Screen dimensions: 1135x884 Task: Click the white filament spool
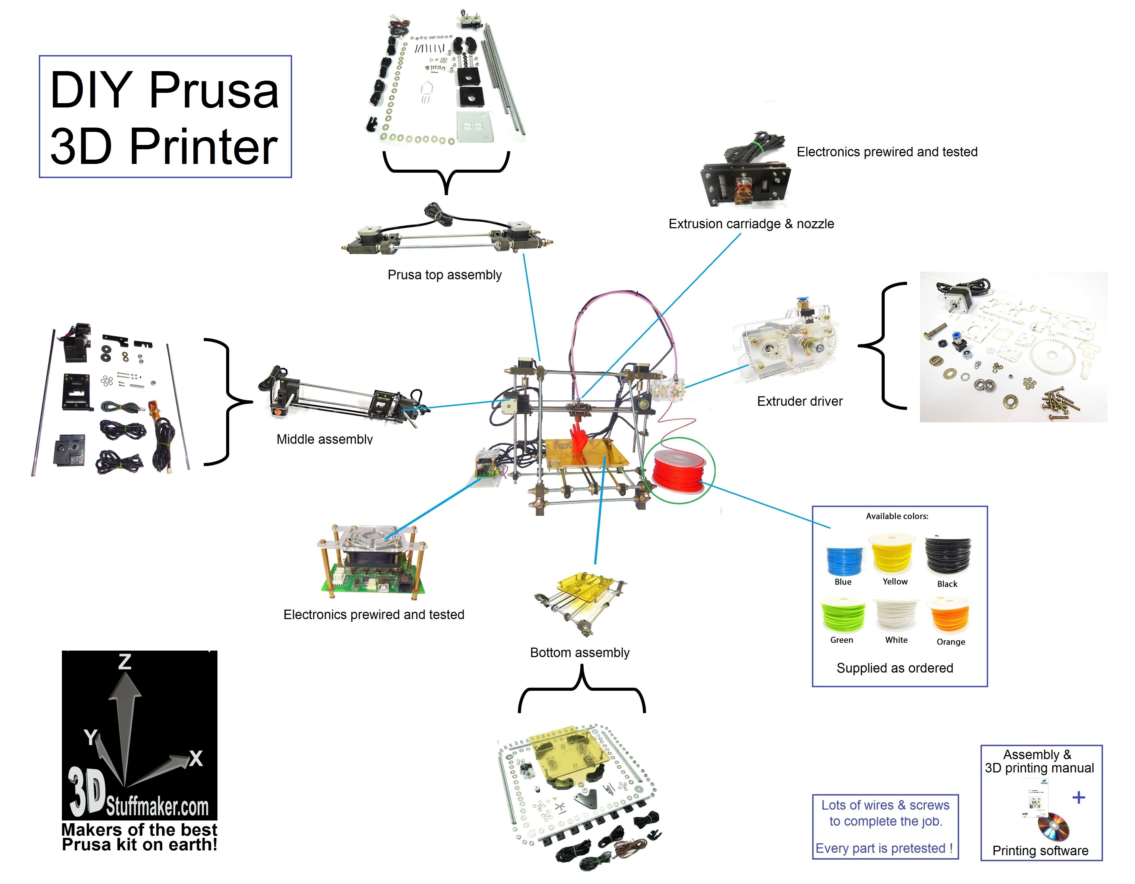coord(896,615)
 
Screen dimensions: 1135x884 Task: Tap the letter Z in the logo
coord(125,661)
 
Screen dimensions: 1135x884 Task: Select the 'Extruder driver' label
coord(800,401)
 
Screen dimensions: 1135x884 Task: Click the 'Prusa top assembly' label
coord(444,275)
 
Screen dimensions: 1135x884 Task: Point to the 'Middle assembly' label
coord(325,439)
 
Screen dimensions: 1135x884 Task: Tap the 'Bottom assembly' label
coord(580,653)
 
